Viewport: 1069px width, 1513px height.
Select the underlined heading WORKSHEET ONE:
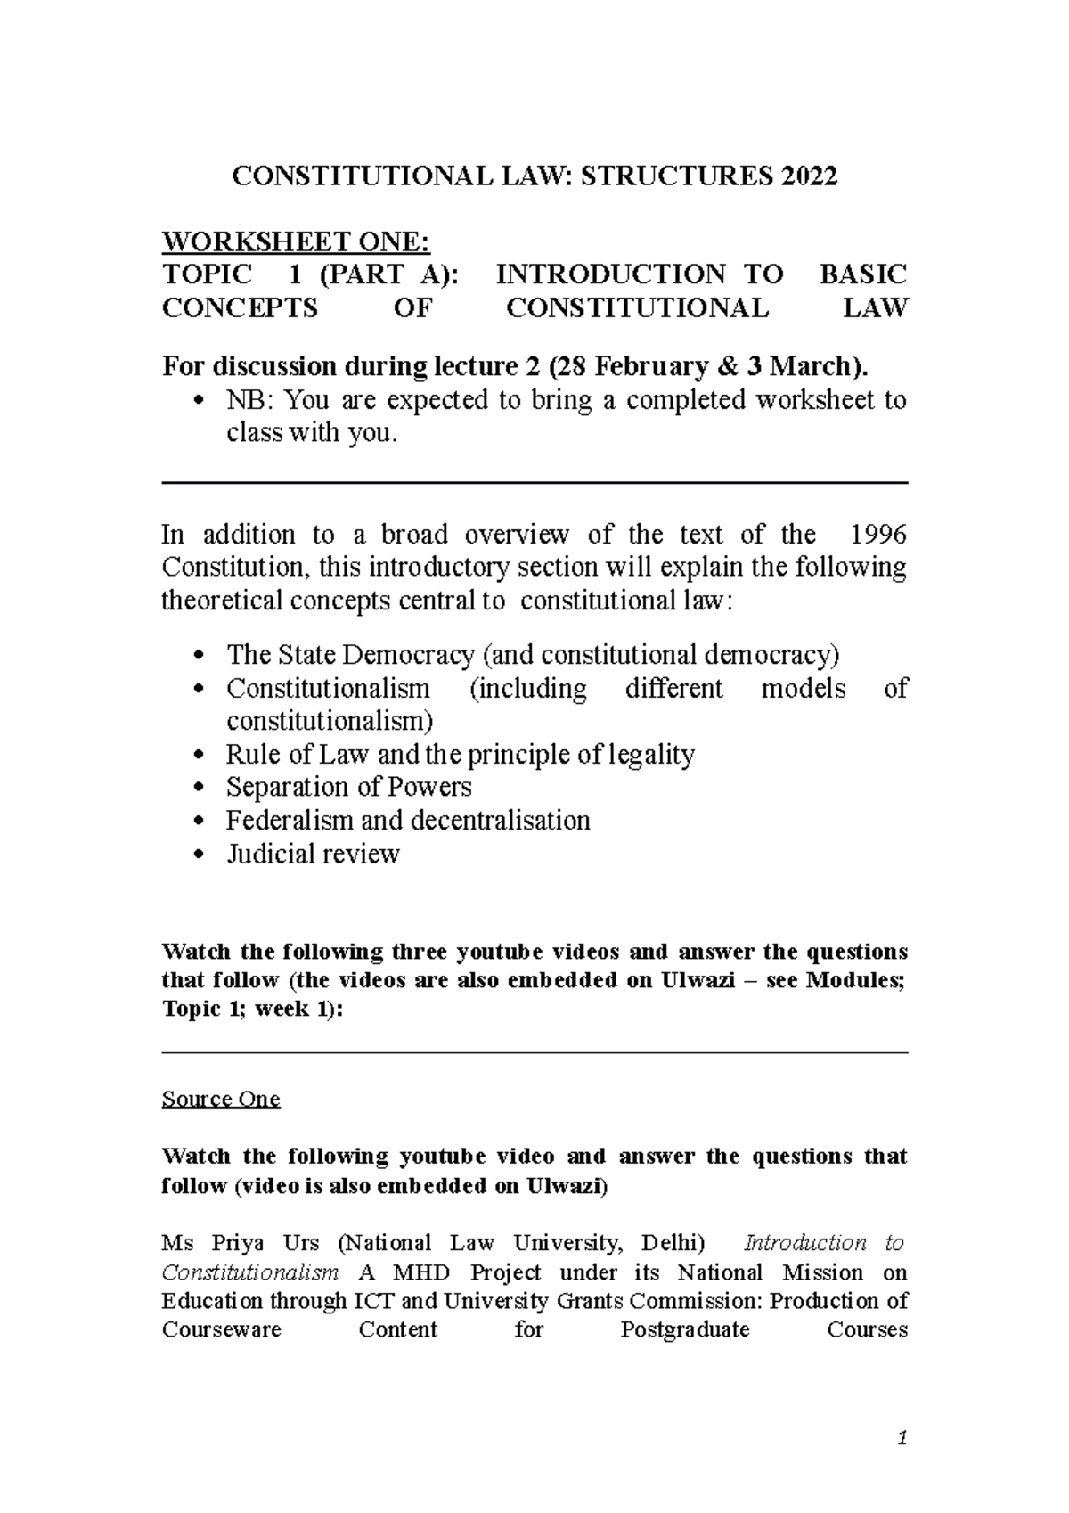tap(295, 241)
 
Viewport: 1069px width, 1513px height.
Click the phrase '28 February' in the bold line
tap(631, 366)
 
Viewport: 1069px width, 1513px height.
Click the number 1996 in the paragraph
tap(878, 535)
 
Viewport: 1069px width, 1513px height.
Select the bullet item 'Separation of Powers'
tap(348, 788)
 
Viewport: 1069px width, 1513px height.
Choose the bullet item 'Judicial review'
tap(313, 854)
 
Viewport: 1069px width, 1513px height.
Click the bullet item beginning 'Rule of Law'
tap(460, 755)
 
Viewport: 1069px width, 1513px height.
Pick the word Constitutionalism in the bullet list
tap(328, 689)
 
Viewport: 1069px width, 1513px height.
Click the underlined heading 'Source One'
tap(221, 1100)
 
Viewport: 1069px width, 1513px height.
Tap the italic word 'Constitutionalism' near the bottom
tap(249, 1272)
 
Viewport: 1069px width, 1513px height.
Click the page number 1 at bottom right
tap(902, 1438)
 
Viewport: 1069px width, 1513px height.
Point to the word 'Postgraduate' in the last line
tap(684, 1330)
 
